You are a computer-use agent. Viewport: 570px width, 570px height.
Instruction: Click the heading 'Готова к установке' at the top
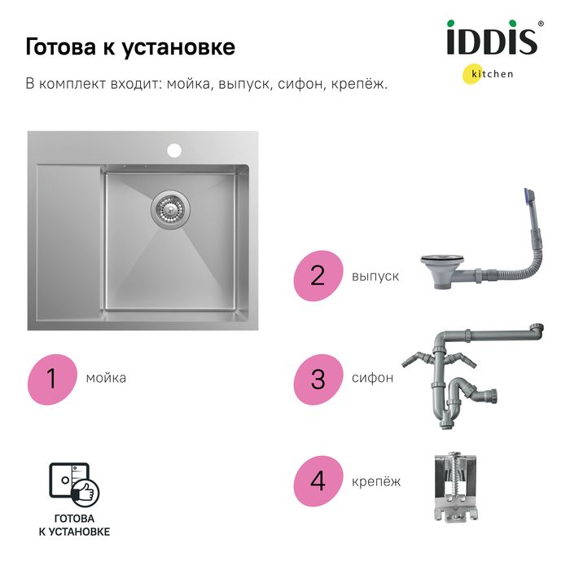coord(130,47)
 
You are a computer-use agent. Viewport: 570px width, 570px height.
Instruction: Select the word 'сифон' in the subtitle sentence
coord(300,84)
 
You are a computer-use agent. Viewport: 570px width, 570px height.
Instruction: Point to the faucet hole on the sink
coord(174,150)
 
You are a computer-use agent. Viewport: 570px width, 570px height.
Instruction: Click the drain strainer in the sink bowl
coord(170,209)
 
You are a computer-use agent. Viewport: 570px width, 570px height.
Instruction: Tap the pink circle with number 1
coord(52,379)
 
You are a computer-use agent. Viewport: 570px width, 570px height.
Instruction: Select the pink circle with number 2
coord(318,275)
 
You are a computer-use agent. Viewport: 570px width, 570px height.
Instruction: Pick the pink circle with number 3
coord(318,379)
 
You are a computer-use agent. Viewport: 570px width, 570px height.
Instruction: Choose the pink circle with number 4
coord(318,481)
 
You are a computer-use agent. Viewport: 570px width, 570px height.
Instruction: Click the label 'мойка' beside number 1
coord(106,378)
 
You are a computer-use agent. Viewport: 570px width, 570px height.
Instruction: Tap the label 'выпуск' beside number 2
coord(375,277)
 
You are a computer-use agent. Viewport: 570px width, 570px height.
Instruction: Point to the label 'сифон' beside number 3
coord(372,378)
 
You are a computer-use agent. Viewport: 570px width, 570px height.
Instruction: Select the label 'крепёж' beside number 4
coord(376,482)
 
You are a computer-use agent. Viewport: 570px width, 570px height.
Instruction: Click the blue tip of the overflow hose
coord(528,197)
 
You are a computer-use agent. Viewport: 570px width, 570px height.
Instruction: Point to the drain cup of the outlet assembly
coord(442,272)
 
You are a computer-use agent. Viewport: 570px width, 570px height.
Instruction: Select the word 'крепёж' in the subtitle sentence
coord(359,84)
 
